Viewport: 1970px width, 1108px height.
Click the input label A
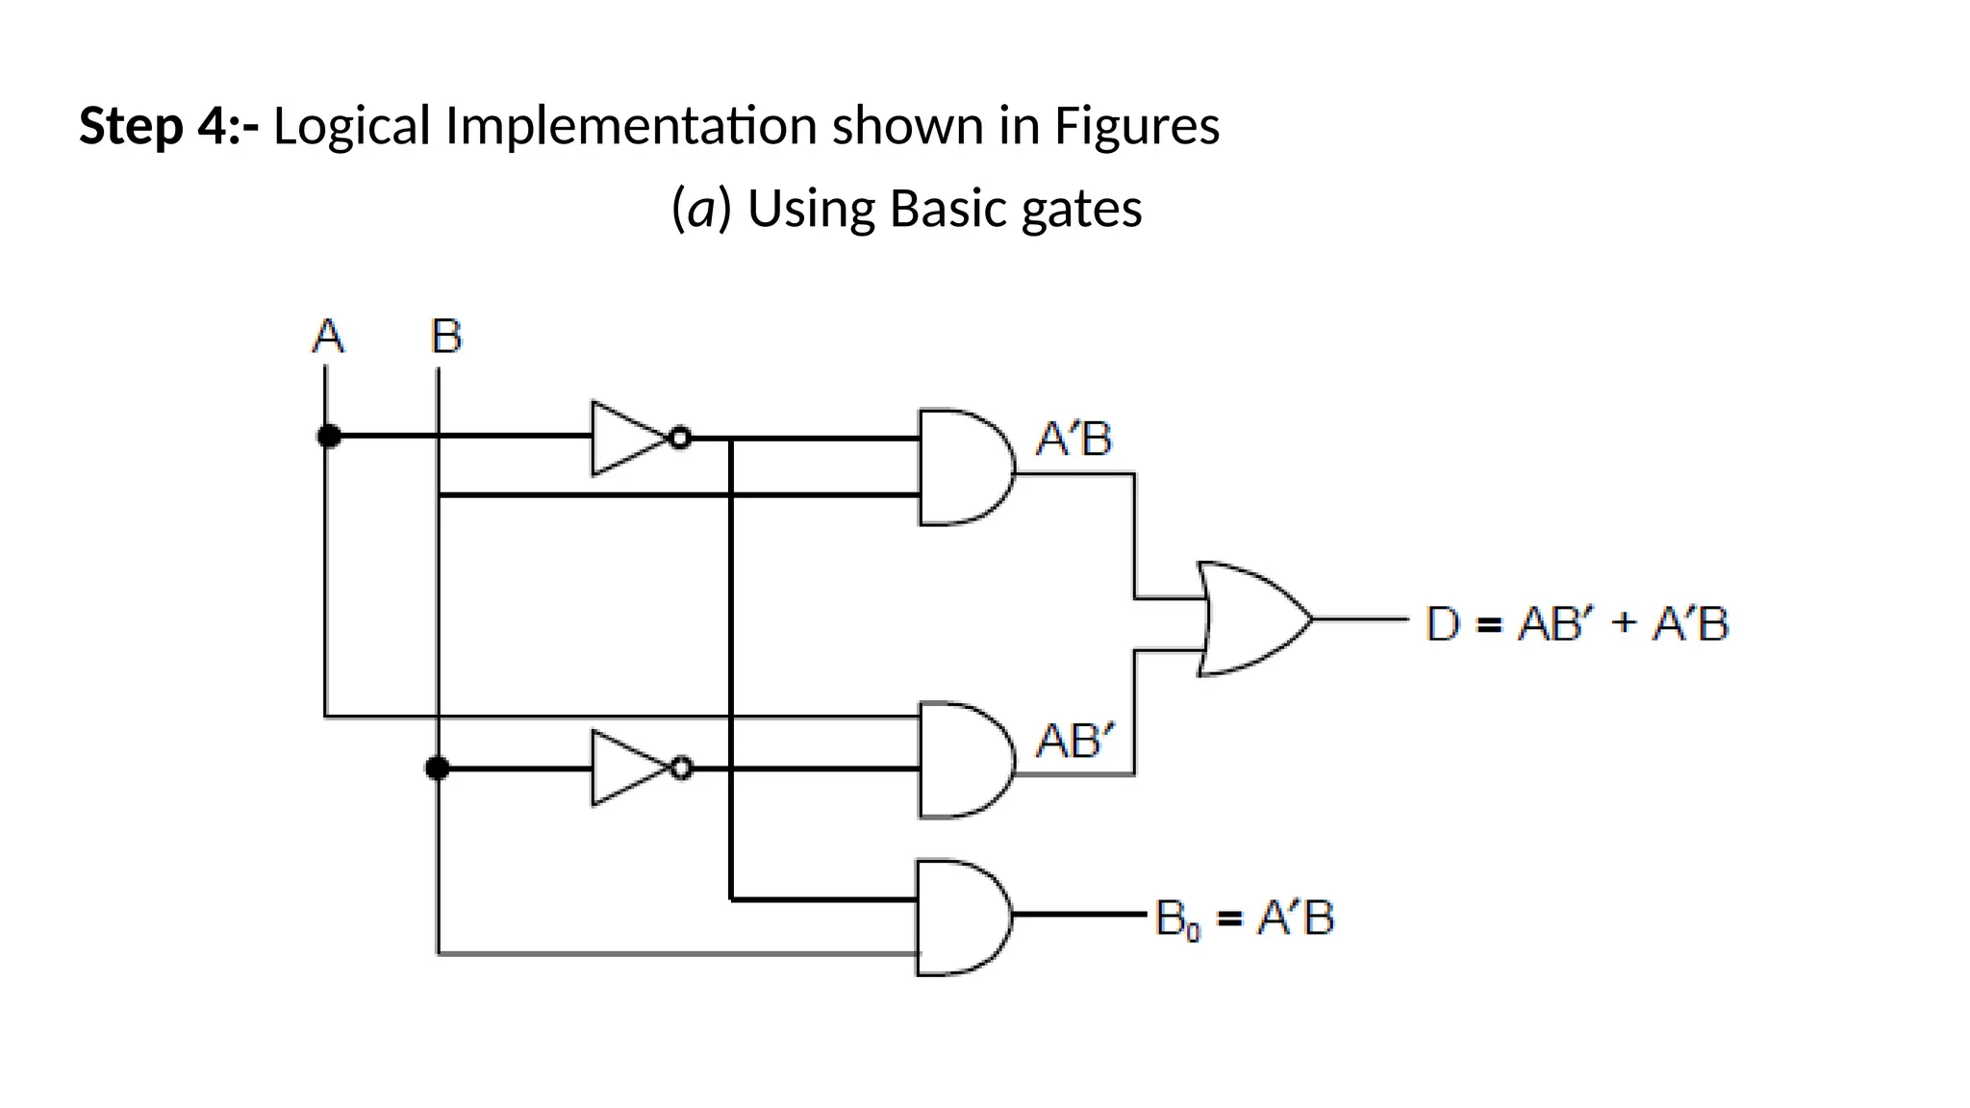click(328, 337)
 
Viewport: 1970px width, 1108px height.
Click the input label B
click(445, 337)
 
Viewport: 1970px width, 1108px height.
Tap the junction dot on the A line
click(329, 437)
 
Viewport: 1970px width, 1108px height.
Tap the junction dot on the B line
click(438, 768)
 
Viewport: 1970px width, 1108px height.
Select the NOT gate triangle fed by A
click(623, 439)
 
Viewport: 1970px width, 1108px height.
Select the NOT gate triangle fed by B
click(623, 768)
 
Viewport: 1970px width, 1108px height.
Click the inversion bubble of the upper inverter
click(680, 439)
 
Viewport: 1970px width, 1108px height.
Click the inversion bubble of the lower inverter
click(681, 768)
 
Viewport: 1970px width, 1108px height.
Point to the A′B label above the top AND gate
click(1073, 440)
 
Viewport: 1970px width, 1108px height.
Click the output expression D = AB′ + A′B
click(1577, 623)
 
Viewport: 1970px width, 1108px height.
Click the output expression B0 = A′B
click(1245, 918)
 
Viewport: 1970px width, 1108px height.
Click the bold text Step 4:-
click(168, 126)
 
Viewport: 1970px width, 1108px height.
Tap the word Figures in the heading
click(1137, 126)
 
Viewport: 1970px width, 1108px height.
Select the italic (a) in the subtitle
click(701, 209)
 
